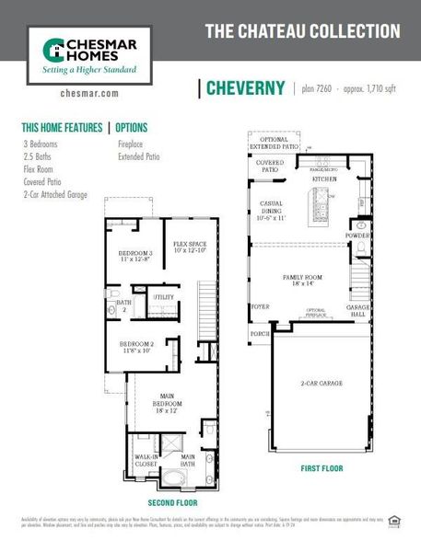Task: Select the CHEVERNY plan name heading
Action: tap(245, 88)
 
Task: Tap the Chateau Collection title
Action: tap(302, 31)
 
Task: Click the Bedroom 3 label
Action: tap(135, 257)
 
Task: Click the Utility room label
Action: tap(163, 297)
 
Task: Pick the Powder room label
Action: tap(358, 236)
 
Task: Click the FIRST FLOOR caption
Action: tap(322, 468)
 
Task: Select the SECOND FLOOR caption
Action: tap(171, 503)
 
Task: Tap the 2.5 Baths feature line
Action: tap(39, 156)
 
